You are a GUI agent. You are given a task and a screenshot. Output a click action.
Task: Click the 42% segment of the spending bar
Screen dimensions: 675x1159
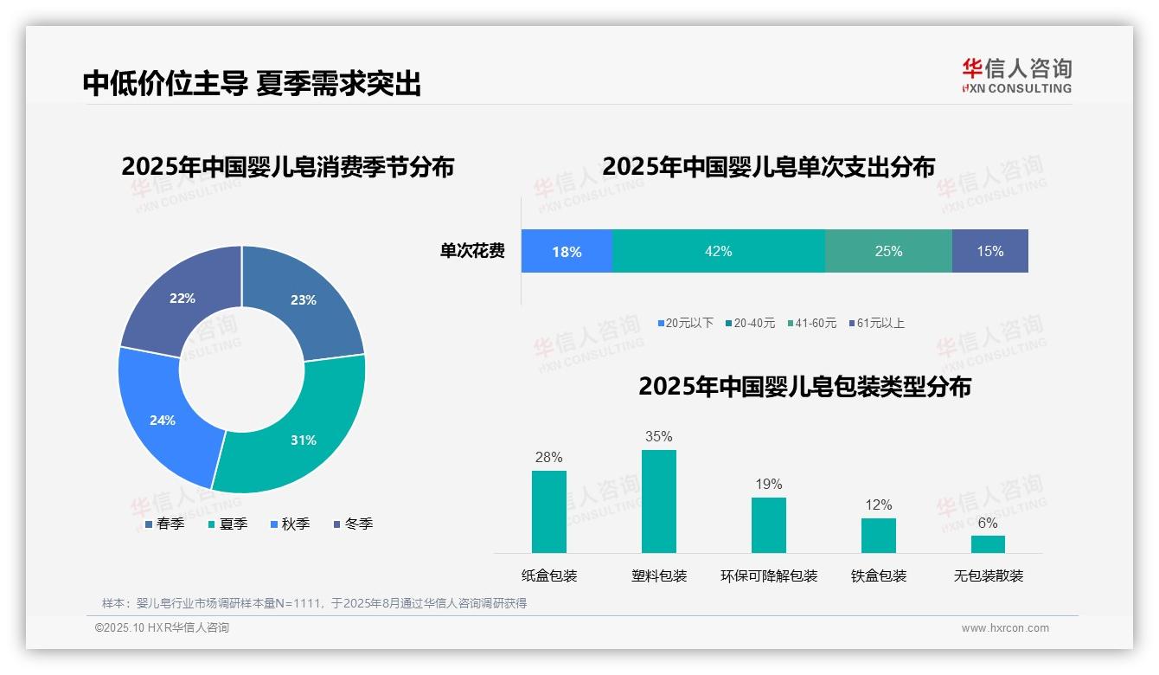point(718,251)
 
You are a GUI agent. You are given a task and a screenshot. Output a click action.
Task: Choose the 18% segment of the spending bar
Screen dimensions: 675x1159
point(567,251)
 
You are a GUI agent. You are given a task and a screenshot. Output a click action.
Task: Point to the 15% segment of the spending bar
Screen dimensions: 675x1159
point(989,251)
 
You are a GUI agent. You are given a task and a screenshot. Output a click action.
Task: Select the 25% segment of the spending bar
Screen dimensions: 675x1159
point(888,251)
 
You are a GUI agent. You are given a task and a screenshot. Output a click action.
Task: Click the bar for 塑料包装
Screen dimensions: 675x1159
point(658,501)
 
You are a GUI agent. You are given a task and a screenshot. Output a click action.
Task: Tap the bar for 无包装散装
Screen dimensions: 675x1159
point(988,543)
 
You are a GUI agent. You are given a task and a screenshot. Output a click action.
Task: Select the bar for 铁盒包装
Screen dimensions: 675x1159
point(878,535)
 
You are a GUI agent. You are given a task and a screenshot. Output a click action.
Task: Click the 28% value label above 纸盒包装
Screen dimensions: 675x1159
point(548,457)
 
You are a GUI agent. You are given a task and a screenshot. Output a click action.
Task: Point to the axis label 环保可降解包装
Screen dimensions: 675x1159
point(768,575)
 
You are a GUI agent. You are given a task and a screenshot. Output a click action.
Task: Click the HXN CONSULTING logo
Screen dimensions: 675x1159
point(1016,75)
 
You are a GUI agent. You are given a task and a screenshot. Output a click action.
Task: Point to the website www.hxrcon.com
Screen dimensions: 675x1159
point(1004,628)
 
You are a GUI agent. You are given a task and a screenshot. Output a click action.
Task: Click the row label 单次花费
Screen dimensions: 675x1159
point(472,251)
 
